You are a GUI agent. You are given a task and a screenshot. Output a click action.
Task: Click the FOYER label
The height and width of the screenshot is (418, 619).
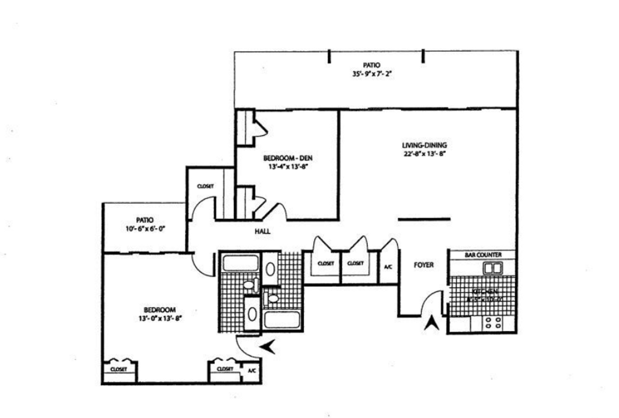(x=424, y=265)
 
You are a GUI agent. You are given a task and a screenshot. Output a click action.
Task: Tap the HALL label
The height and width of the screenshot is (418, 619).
(x=262, y=231)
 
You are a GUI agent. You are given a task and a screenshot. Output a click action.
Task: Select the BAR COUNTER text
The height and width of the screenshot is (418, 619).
(x=483, y=255)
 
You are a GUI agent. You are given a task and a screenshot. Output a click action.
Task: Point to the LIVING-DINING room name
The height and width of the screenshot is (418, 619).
(x=424, y=145)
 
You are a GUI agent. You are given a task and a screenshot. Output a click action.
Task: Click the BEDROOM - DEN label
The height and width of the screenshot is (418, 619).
(x=285, y=158)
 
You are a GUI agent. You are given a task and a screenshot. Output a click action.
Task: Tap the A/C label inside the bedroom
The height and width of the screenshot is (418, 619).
(x=251, y=371)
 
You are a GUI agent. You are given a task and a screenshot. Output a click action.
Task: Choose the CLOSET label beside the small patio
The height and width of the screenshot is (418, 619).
(x=205, y=186)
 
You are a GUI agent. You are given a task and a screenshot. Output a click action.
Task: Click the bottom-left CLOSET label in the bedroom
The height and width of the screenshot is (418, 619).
(x=118, y=369)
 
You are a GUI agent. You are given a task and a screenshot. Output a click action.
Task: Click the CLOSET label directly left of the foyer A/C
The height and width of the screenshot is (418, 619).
(x=355, y=263)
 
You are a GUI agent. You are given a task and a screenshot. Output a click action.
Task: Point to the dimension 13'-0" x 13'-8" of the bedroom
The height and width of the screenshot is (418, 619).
(x=159, y=318)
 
